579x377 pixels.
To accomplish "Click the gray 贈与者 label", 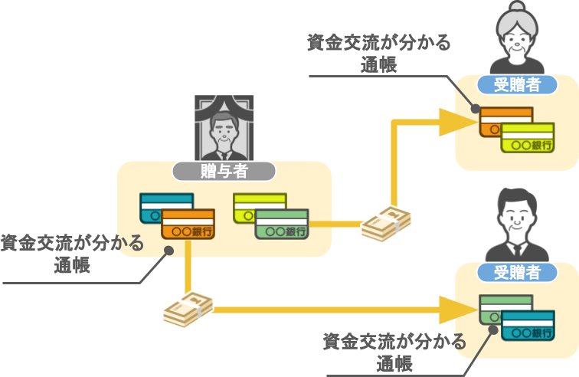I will coord(224,172).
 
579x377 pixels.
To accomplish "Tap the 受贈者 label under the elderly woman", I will coord(517,85).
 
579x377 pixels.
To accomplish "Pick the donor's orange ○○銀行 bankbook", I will coord(188,225).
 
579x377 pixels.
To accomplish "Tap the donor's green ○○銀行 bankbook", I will coord(281,225).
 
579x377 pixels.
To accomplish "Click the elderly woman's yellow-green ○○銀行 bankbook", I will coord(528,138).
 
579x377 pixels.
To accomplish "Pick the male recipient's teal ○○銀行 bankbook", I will coord(528,326).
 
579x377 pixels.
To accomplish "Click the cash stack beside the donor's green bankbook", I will coord(386,225).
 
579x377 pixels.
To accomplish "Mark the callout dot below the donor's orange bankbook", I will coord(168,250).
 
